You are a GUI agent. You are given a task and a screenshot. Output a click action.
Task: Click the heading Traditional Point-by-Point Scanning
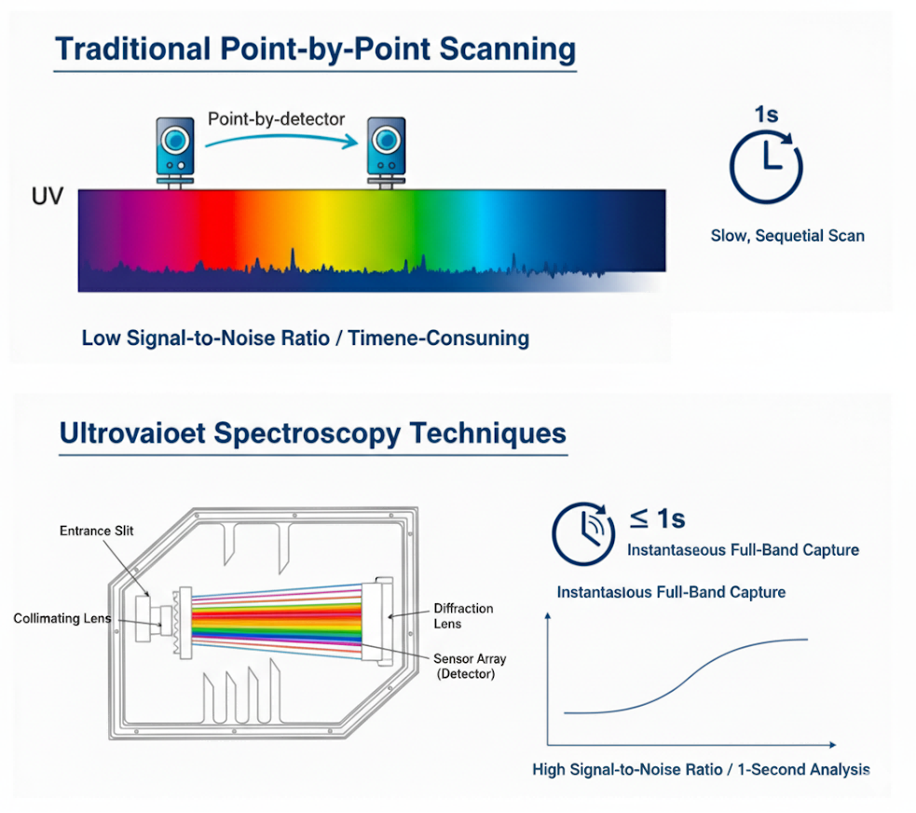[315, 48]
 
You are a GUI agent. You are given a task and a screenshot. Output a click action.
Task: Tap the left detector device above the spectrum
[173, 148]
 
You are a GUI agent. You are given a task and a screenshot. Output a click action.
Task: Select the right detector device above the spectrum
[384, 148]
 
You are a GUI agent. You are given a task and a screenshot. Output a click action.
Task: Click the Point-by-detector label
[276, 118]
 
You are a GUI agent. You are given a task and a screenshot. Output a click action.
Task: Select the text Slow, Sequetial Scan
[787, 236]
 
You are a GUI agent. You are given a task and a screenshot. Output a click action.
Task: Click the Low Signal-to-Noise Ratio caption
[305, 338]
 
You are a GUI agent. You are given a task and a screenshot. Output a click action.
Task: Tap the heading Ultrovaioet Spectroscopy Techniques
[312, 434]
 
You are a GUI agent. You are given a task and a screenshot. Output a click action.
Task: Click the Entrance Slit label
[97, 531]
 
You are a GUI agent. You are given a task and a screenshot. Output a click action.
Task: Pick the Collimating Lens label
[62, 618]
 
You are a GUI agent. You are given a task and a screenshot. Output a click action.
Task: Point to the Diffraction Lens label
[463, 616]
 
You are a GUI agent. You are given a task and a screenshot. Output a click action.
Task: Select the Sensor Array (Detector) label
[470, 666]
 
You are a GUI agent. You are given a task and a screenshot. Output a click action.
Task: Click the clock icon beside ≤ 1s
[583, 533]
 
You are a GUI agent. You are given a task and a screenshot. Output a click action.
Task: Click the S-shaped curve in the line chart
[690, 675]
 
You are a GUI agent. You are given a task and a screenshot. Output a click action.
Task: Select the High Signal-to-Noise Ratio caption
[701, 770]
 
